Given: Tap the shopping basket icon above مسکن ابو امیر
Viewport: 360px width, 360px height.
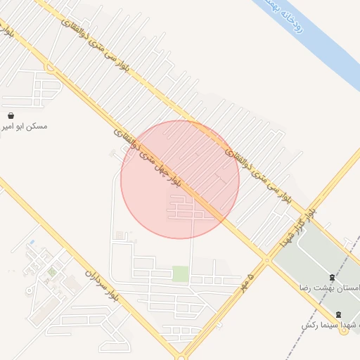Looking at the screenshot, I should coord(11,115).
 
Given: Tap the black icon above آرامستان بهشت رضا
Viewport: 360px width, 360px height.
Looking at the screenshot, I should coord(332,276).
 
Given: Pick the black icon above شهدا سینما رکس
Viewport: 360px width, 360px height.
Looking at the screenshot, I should coord(338,314).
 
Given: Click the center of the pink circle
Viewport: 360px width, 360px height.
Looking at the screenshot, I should coord(180,179).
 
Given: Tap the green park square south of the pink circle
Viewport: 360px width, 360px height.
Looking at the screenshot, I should coord(181,274).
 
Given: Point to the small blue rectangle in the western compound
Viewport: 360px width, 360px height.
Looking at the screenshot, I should coord(31,243).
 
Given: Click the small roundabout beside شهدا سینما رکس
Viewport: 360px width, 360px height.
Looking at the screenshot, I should coord(344,331).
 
